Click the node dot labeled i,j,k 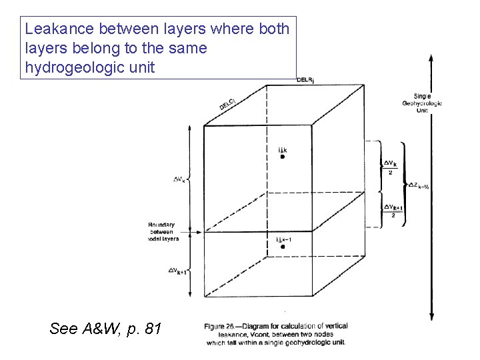[x=283, y=157]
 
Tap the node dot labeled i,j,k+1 [x=283, y=247]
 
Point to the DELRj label [x=306, y=80]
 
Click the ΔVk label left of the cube [x=180, y=179]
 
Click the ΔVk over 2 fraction [x=391, y=167]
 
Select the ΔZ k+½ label [x=418, y=186]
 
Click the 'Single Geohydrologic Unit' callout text [x=422, y=103]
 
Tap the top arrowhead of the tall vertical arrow [x=433, y=59]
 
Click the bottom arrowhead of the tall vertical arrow [x=433, y=319]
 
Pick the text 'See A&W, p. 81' [x=105, y=328]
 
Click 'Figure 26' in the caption [x=227, y=326]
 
